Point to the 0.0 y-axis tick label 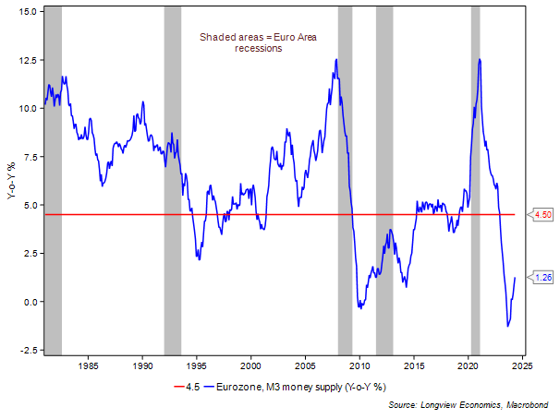29,302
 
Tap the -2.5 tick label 27,350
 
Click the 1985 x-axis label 88,365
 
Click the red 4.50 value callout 543,215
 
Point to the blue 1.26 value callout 543,277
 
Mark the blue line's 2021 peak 480,59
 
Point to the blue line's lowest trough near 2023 507,326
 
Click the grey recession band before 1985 54,175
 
